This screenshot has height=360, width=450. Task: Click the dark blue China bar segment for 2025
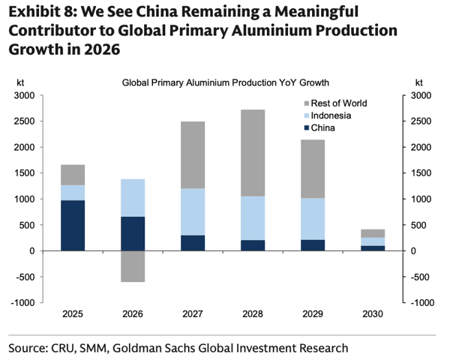(73, 225)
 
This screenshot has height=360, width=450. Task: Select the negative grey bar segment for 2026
(132, 266)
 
